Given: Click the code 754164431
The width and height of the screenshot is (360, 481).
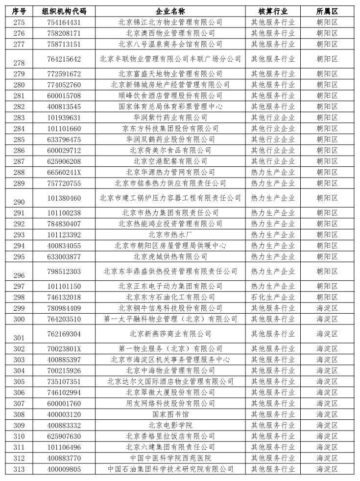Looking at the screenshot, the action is click(64, 22).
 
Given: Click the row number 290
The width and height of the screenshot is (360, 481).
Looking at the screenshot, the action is click(19, 202).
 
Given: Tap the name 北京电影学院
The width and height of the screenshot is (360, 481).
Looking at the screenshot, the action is click(170, 425).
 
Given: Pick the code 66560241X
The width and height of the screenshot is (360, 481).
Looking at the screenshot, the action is click(64, 172).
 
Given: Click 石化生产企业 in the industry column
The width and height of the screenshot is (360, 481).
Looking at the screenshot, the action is click(273, 297).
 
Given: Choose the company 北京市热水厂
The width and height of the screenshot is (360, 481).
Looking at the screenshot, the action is click(170, 234).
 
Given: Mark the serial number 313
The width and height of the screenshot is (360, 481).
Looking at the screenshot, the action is click(19, 469).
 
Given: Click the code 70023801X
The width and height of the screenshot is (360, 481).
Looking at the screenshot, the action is click(64, 348).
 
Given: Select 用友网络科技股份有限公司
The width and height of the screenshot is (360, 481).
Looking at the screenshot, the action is click(170, 403).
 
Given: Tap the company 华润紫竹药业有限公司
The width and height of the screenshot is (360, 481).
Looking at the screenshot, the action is click(170, 117).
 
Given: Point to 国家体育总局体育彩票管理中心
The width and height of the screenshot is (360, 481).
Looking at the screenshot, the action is click(170, 106).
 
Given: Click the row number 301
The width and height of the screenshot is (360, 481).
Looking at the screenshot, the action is click(19, 337).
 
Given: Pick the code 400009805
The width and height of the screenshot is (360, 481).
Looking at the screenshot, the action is click(64, 469).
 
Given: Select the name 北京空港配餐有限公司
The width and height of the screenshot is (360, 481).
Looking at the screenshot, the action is click(170, 161).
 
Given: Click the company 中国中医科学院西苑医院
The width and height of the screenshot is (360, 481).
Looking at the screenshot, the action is click(170, 458).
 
